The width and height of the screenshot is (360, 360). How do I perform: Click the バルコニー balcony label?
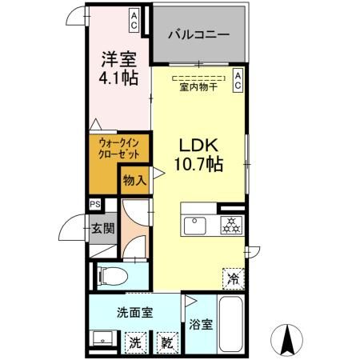coord(198,35)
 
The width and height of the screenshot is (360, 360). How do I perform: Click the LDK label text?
coord(198,146)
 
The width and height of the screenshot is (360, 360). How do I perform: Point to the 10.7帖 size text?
coord(198,166)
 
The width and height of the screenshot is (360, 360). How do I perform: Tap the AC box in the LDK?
coord(238,79)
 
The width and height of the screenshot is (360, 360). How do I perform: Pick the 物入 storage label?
coord(134,182)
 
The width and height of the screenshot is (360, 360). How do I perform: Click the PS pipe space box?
coord(95,203)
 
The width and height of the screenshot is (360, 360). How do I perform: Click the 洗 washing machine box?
coord(138,342)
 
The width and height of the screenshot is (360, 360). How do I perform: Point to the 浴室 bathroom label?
coord(202,325)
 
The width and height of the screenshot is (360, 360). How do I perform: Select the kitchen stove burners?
coord(232,225)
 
